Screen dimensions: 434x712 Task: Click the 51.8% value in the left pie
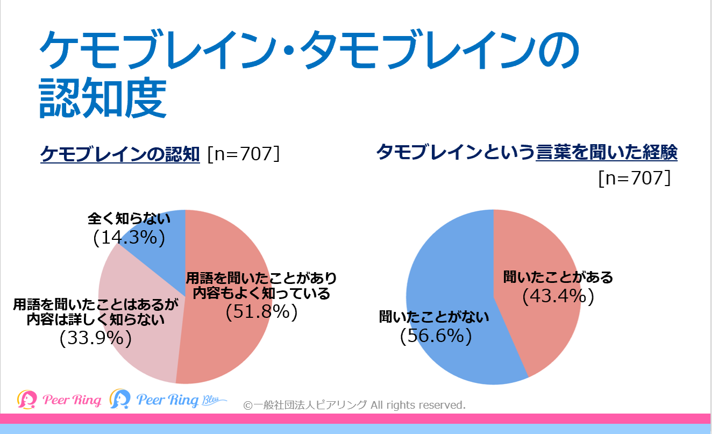pyautogui.click(x=261, y=312)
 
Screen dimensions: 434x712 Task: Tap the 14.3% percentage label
pyautogui.click(x=129, y=237)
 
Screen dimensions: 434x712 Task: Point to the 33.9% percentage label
pyautogui.click(x=96, y=338)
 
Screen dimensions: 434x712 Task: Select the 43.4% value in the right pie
pyautogui.click(x=558, y=296)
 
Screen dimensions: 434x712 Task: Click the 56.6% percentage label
pyautogui.click(x=436, y=336)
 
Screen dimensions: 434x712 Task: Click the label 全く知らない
pyautogui.click(x=129, y=219)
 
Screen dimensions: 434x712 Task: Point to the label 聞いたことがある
pyautogui.click(x=558, y=278)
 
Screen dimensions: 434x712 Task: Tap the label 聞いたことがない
pyautogui.click(x=435, y=317)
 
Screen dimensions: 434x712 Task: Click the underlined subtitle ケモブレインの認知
pyautogui.click(x=120, y=154)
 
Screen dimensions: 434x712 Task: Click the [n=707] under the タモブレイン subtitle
pyautogui.click(x=635, y=178)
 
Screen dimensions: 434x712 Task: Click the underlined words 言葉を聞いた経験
pyautogui.click(x=607, y=153)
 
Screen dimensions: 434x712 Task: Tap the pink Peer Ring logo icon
pyautogui.click(x=26, y=399)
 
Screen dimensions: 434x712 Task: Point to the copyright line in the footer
pyautogui.click(x=354, y=404)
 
